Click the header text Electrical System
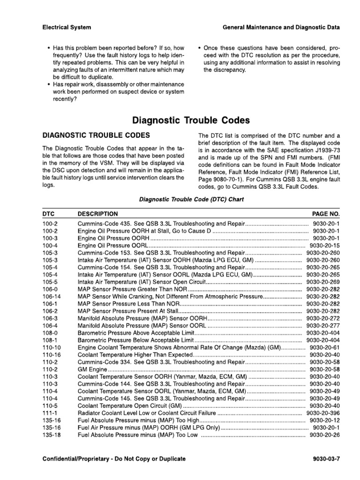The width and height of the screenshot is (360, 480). pyautogui.click(x=67, y=28)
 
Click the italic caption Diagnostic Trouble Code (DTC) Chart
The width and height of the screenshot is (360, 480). pyautogui.click(x=191, y=199)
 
